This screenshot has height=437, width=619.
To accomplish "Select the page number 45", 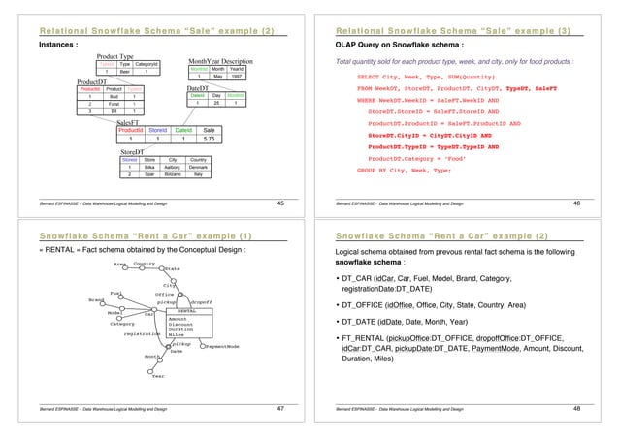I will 279,204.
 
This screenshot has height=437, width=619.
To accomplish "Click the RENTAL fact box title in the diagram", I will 187,311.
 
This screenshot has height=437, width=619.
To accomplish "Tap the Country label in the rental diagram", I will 145,262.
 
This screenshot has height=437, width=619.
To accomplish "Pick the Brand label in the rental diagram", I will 95,301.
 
